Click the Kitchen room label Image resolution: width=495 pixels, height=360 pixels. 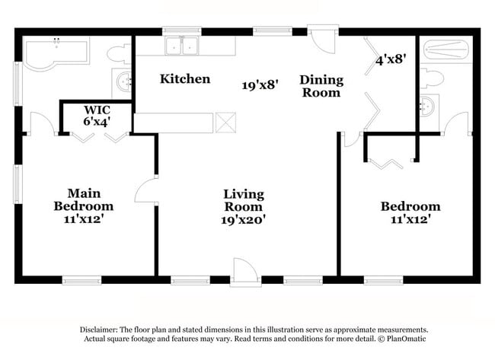(x=184, y=79)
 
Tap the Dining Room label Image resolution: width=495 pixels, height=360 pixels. (x=321, y=85)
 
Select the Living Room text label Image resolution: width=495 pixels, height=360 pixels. (x=243, y=200)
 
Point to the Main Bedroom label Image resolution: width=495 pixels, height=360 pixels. (x=84, y=199)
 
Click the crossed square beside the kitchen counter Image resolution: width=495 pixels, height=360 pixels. (x=226, y=123)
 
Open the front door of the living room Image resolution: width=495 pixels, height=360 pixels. (x=245, y=271)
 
